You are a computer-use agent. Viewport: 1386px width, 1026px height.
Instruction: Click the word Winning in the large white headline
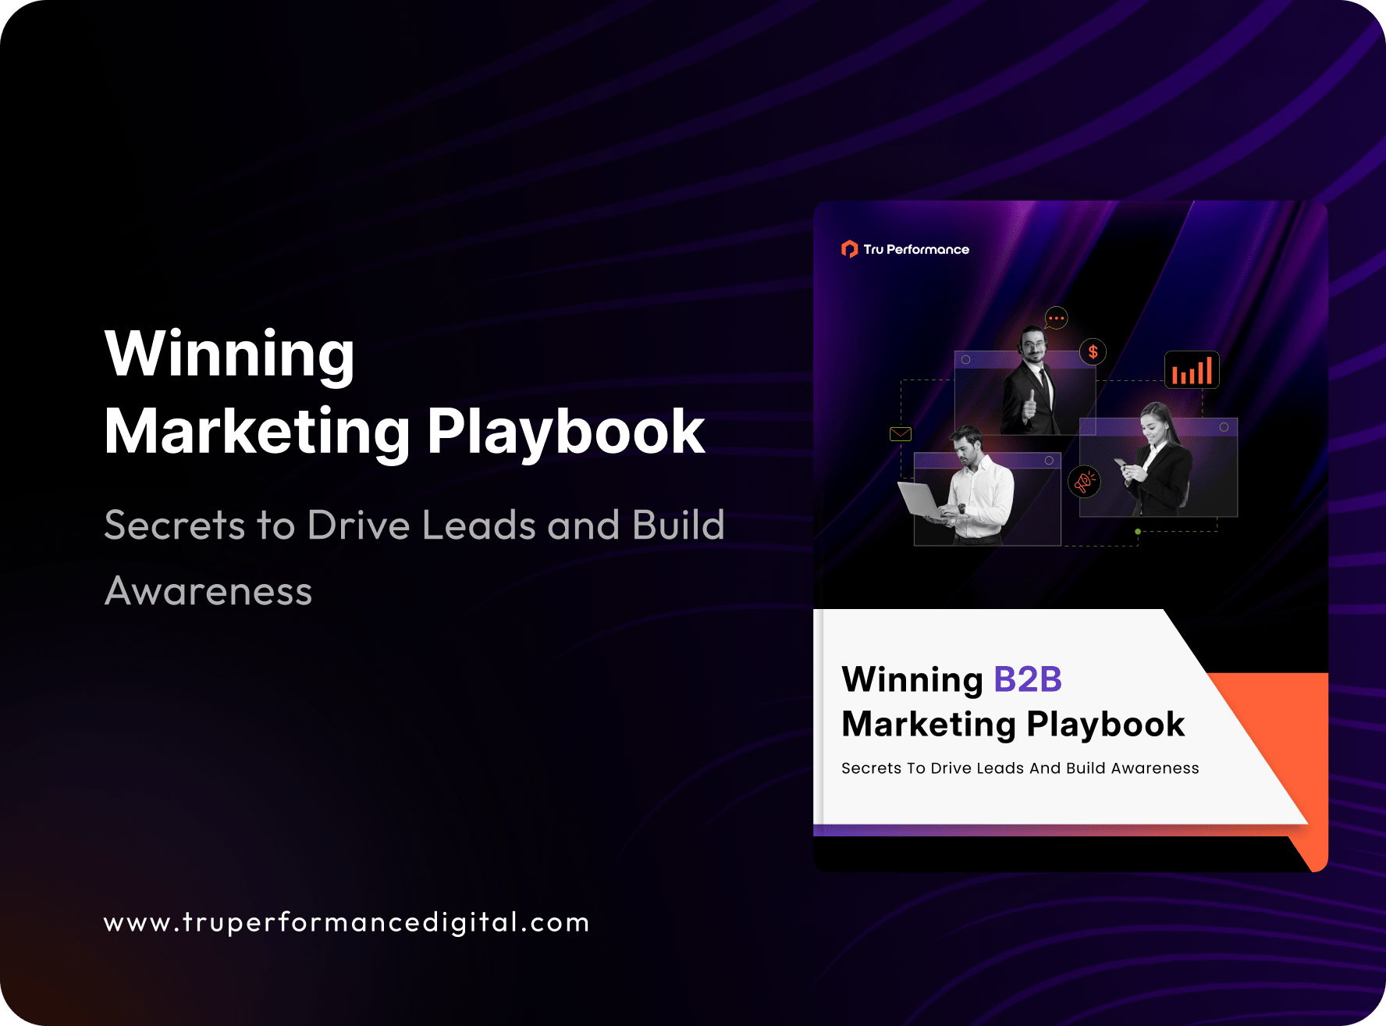click(229, 354)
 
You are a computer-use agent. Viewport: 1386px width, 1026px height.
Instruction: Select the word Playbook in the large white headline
click(566, 432)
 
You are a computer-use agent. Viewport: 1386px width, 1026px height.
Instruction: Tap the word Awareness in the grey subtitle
click(208, 591)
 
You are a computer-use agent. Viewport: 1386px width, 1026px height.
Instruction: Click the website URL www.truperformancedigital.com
click(346, 922)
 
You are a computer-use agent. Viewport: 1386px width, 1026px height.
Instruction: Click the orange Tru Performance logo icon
click(849, 249)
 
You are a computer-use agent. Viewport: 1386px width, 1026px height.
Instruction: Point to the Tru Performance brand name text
click(916, 250)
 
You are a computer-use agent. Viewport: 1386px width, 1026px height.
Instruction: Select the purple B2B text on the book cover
click(1027, 679)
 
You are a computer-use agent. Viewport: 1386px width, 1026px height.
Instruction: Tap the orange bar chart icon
click(1192, 370)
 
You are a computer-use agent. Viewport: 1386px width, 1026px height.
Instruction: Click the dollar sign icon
click(1093, 352)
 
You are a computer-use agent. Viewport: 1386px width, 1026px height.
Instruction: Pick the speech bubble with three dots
click(1056, 318)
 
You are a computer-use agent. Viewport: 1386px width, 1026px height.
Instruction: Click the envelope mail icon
click(901, 434)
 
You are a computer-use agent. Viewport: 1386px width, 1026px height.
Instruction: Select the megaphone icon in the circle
click(1083, 482)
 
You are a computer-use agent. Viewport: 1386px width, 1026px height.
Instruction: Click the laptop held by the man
click(922, 501)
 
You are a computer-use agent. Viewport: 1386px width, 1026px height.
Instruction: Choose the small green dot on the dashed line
click(1138, 532)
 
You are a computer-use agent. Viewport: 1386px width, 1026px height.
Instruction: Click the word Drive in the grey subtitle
click(358, 525)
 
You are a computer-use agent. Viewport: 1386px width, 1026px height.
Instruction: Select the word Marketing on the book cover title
click(929, 725)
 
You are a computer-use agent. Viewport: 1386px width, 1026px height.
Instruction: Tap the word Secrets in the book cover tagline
click(871, 768)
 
